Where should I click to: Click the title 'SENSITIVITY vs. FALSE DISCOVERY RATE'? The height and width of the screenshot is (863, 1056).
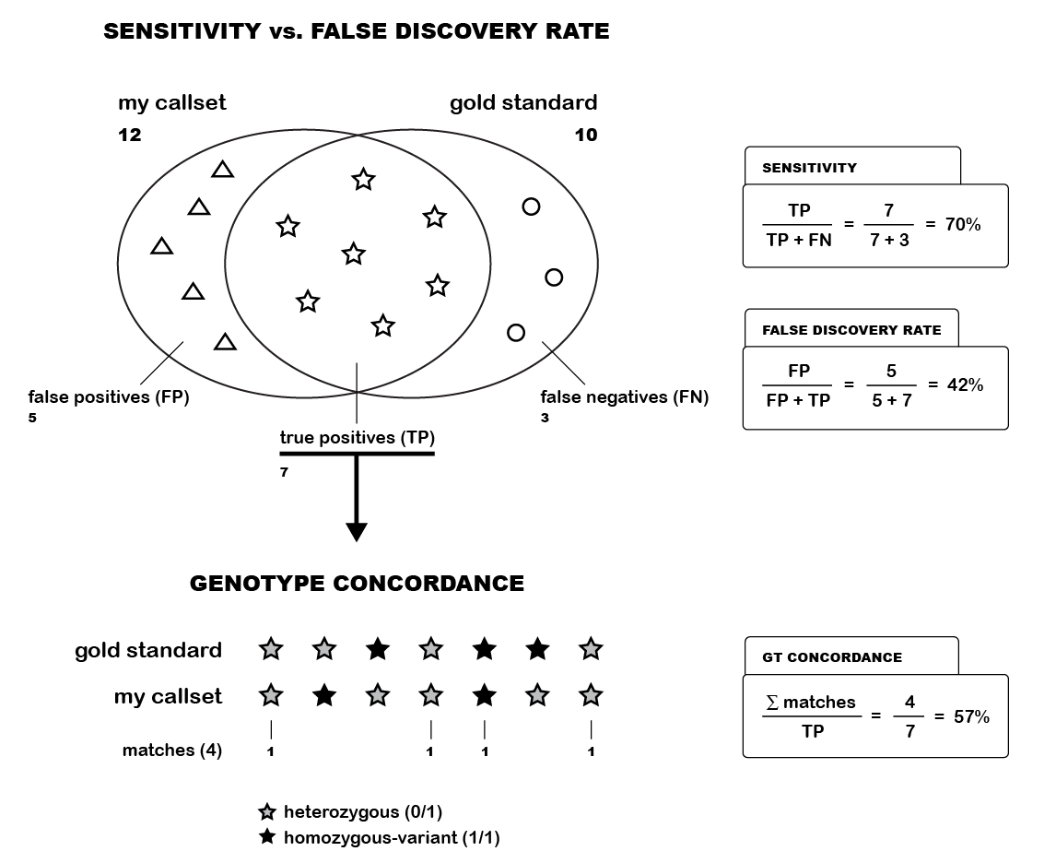(x=356, y=31)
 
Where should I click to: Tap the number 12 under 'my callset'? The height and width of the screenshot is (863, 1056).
(x=130, y=136)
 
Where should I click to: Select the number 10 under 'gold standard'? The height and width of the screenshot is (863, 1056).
(x=586, y=136)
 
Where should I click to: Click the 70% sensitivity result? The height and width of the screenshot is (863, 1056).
(x=963, y=224)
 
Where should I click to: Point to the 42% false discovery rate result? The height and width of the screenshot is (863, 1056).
(x=965, y=385)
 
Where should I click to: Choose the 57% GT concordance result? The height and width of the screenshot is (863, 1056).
(x=971, y=716)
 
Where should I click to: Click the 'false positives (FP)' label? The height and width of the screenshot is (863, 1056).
(x=110, y=397)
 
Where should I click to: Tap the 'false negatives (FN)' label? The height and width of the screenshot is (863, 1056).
(x=624, y=397)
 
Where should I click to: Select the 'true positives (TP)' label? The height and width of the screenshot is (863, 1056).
(x=358, y=437)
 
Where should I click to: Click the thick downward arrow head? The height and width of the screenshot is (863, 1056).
(x=357, y=532)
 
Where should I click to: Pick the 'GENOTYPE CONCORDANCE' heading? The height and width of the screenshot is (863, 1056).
(x=357, y=584)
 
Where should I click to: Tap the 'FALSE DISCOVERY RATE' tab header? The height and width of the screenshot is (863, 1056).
(x=851, y=330)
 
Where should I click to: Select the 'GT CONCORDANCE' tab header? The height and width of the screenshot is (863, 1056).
(x=832, y=657)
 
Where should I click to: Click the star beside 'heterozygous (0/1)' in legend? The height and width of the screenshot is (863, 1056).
(x=267, y=812)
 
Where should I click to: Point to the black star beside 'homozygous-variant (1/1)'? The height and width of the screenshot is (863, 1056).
(x=267, y=837)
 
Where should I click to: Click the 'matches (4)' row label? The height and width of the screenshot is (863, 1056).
(x=171, y=751)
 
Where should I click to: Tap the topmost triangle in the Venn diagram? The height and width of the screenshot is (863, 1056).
(x=222, y=170)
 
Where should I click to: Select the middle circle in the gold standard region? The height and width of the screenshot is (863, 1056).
(x=554, y=277)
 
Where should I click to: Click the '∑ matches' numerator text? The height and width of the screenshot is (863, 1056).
(x=810, y=703)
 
